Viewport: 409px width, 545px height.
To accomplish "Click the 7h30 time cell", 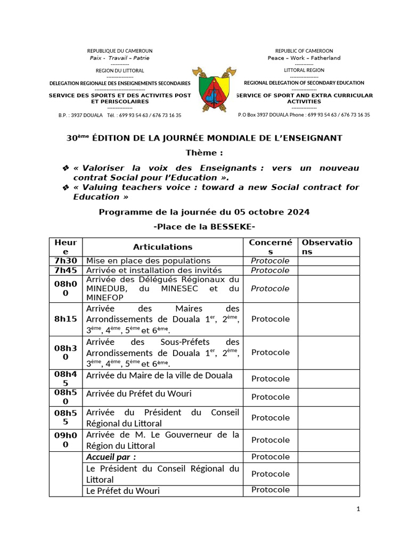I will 66,261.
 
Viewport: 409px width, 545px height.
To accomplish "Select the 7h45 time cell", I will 66,270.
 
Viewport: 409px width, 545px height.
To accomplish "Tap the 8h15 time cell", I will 66,319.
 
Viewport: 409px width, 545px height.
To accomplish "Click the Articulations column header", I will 162,247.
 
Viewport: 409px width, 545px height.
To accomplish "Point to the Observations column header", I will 327,247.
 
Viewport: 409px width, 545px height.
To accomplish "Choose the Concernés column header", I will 270,247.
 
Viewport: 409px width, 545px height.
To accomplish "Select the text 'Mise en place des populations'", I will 148,261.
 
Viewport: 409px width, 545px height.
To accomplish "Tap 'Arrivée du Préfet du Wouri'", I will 138,394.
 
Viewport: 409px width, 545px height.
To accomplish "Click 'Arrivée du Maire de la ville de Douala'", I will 159,375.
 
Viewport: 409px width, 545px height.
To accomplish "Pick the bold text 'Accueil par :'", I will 111,457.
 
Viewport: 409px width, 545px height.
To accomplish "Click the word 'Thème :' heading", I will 204,153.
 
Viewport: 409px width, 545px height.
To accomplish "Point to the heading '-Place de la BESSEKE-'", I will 204,227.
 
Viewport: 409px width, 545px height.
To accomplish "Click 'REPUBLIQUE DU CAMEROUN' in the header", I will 119,51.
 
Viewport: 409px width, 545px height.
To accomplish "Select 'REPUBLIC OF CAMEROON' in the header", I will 304,51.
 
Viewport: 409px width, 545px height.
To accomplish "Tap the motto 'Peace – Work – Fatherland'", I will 304,58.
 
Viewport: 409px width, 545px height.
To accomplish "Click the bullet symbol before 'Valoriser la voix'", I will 66,168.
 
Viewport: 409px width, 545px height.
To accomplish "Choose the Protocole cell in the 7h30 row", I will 270,261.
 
